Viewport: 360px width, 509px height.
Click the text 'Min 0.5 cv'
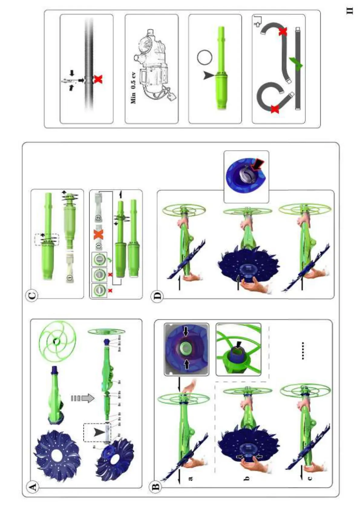point(133,88)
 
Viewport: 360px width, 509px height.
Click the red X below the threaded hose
point(98,79)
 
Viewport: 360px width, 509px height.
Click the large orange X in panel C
point(98,234)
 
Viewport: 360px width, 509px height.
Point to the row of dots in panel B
point(303,351)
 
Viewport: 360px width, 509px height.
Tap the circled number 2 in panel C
point(98,218)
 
